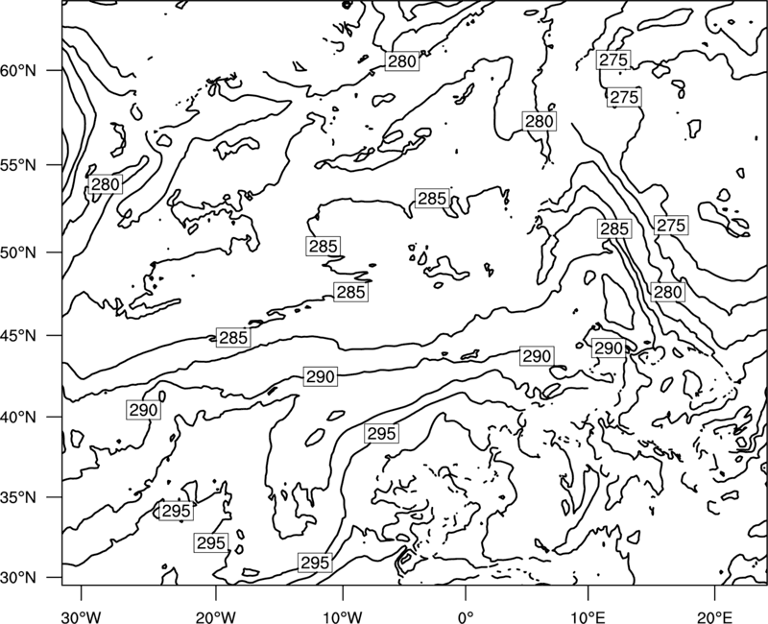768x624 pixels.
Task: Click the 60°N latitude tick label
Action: [x=18, y=71]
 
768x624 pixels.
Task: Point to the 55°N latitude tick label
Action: [x=18, y=165]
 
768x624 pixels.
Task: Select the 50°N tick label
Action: [x=18, y=253]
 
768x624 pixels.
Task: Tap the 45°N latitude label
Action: [x=18, y=336]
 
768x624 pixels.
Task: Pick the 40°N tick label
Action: [x=18, y=418]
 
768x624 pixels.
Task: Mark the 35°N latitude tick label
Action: [x=18, y=497]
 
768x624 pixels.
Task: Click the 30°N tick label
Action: [x=18, y=578]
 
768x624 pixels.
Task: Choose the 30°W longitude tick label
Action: [x=82, y=616]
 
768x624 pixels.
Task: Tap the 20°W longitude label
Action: [x=215, y=616]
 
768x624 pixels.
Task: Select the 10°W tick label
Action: [x=343, y=616]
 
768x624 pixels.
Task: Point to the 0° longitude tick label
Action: [x=465, y=616]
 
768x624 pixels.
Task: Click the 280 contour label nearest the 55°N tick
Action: [x=106, y=184]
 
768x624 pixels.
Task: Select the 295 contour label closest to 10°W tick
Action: [x=315, y=563]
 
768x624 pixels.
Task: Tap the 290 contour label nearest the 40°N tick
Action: [x=143, y=410]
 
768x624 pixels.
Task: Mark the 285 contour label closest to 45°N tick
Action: [x=233, y=338]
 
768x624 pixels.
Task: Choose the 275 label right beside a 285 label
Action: [x=670, y=226]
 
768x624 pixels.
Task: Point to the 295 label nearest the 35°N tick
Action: [x=176, y=511]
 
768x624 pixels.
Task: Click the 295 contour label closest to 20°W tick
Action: [x=211, y=543]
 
